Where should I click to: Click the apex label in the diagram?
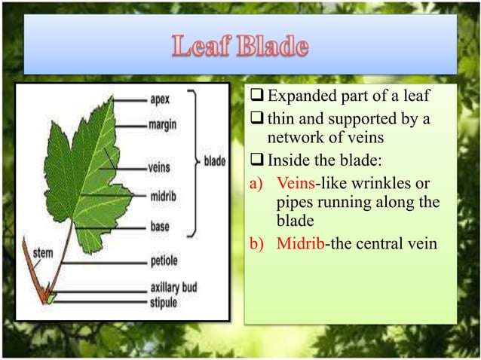pos(160,99)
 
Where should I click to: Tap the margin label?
pos(163,124)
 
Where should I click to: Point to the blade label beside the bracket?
pos(214,160)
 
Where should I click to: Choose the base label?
pos(159,226)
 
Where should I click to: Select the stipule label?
pos(163,303)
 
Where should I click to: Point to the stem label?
pos(43,253)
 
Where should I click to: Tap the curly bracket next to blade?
pos(192,160)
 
